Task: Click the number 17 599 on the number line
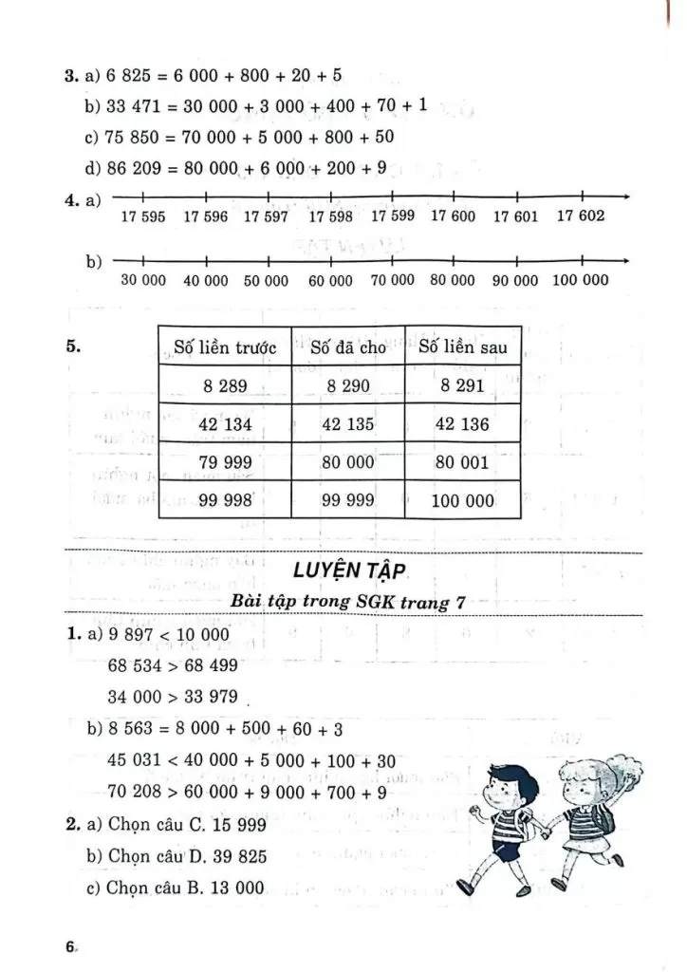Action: click(393, 215)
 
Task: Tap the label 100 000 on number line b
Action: click(579, 280)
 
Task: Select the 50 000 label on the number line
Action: click(266, 281)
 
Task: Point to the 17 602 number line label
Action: click(580, 215)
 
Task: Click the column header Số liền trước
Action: click(225, 347)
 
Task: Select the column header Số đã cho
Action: click(348, 347)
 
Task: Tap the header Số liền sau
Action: click(462, 347)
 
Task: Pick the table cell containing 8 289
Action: click(225, 386)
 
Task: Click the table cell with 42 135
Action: click(348, 424)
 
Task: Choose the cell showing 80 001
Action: click(462, 462)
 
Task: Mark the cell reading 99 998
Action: click(225, 500)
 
